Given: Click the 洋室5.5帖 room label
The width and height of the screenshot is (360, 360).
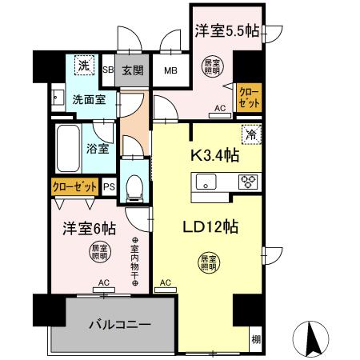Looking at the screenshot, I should click(226, 33).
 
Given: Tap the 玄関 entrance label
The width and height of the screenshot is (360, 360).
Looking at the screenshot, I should click(133, 70).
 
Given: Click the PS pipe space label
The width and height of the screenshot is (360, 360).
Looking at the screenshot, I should click(110, 186).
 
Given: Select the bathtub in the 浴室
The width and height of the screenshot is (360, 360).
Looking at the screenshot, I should click(69, 148).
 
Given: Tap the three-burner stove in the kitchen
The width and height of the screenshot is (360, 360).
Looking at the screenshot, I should click(247, 182).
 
